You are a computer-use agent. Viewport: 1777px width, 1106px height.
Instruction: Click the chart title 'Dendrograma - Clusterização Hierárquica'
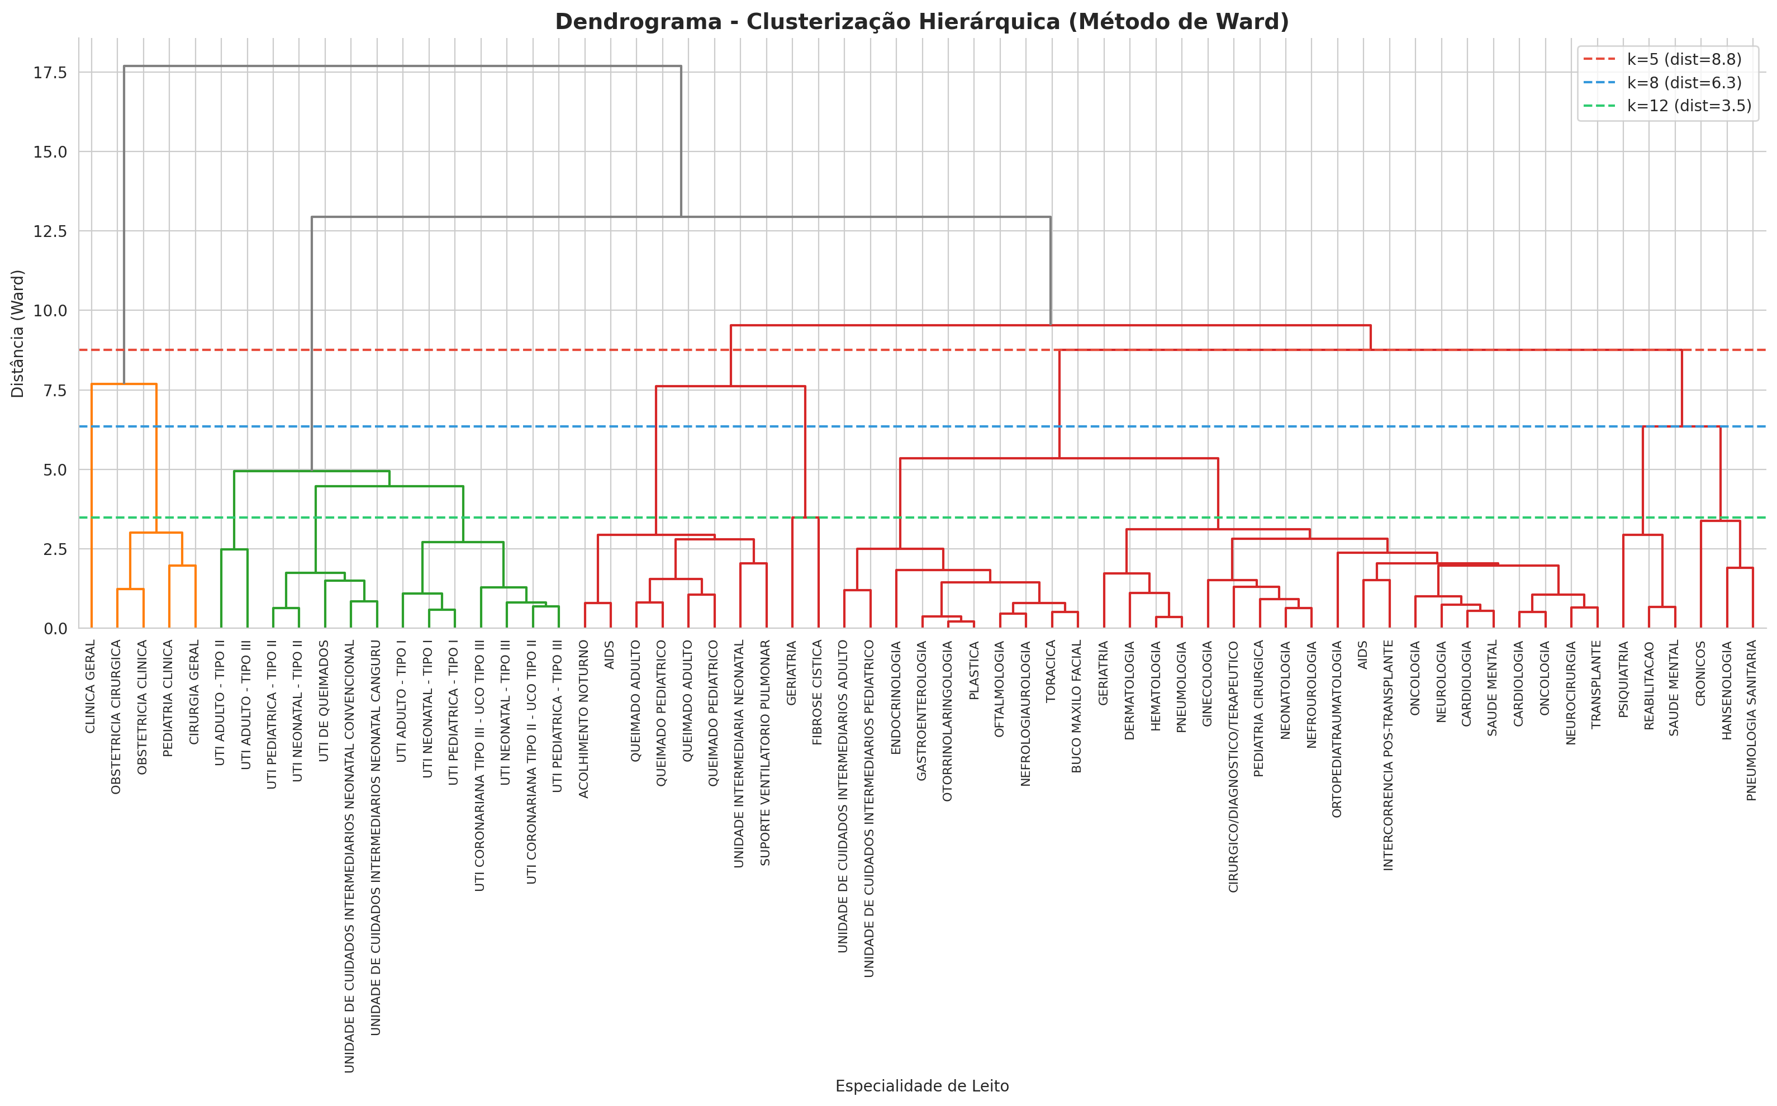pyautogui.click(x=921, y=22)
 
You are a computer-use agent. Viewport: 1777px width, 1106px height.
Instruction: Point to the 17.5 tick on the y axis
pyautogui.click(x=50, y=73)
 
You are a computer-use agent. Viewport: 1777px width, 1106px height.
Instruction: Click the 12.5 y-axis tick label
pyautogui.click(x=50, y=231)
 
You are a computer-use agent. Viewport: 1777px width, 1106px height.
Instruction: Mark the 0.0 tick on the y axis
pyautogui.click(x=55, y=628)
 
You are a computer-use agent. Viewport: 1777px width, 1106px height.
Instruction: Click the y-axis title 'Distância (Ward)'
pyautogui.click(x=17, y=334)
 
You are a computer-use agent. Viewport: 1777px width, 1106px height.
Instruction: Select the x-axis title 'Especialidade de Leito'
pyautogui.click(x=921, y=1085)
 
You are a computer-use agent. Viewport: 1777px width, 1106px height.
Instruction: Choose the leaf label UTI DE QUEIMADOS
pyautogui.click(x=325, y=701)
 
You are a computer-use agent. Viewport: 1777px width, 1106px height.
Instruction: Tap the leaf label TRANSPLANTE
pyautogui.click(x=1597, y=684)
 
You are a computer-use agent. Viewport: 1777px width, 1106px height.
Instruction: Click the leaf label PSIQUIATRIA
pyautogui.click(x=1623, y=679)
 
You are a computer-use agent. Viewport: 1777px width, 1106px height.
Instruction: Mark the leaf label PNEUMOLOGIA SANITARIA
pyautogui.click(x=1752, y=720)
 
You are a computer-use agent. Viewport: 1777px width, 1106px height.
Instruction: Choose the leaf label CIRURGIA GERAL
pyautogui.click(x=194, y=692)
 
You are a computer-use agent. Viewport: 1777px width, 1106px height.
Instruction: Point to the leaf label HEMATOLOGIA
pyautogui.click(x=1156, y=685)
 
